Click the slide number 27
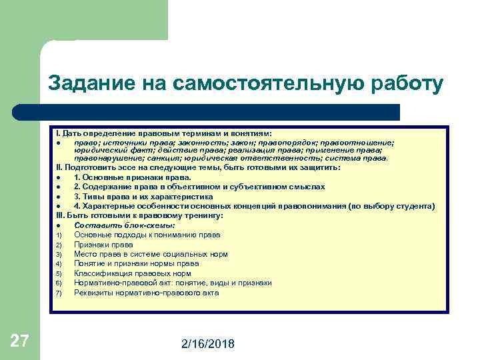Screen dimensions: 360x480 (x=19, y=342)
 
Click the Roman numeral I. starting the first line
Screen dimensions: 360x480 (x=58, y=133)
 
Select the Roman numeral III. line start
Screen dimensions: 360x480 (x=61, y=215)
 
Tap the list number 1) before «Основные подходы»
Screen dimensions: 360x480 (x=59, y=235)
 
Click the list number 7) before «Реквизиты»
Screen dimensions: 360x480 (x=59, y=293)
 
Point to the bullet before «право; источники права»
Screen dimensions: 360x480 (x=59, y=142)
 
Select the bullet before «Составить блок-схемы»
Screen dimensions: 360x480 (x=59, y=225)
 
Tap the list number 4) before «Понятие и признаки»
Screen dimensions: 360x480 (x=59, y=264)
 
